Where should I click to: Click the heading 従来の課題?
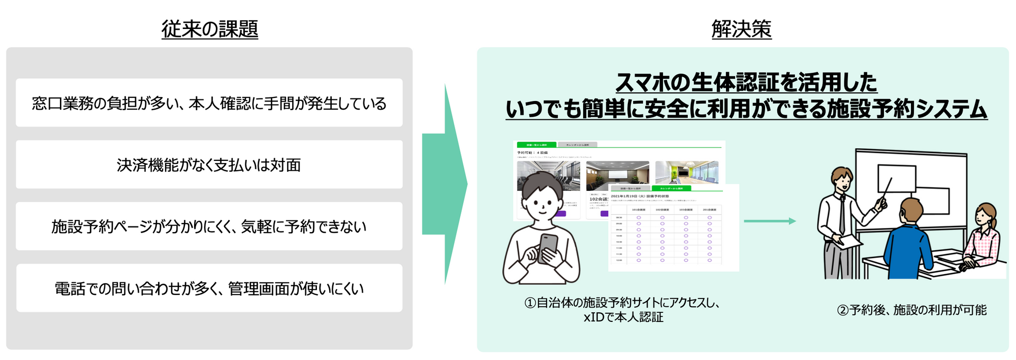click(x=210, y=29)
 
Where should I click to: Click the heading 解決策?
click(x=741, y=29)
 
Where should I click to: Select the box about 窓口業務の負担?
click(x=209, y=103)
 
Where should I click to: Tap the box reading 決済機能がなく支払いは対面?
click(x=209, y=165)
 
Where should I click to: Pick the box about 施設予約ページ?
click(x=209, y=226)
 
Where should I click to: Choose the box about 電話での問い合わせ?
click(x=209, y=288)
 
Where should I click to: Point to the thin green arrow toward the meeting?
click(x=769, y=221)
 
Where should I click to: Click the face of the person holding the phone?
click(x=543, y=203)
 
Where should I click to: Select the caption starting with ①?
click(x=623, y=310)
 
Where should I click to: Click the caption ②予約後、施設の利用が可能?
click(x=911, y=310)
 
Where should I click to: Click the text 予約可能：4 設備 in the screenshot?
click(x=532, y=152)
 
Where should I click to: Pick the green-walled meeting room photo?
click(x=687, y=173)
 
